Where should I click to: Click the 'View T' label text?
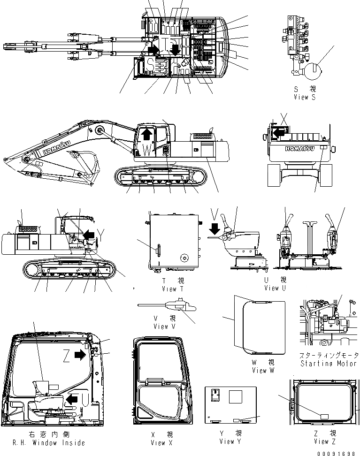(x=169, y=289)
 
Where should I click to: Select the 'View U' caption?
(x=276, y=288)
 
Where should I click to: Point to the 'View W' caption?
(x=266, y=370)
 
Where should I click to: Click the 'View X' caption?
(x=158, y=442)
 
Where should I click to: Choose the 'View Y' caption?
(x=230, y=441)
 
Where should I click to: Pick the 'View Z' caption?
(x=322, y=441)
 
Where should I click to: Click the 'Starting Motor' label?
(x=327, y=364)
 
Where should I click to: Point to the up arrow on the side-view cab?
(x=146, y=134)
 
